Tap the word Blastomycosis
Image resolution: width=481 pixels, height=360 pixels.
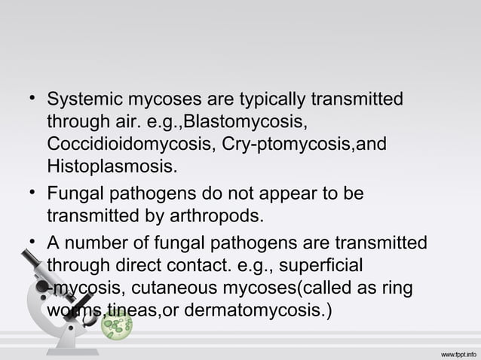(246, 122)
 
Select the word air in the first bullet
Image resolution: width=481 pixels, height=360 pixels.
(120, 122)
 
